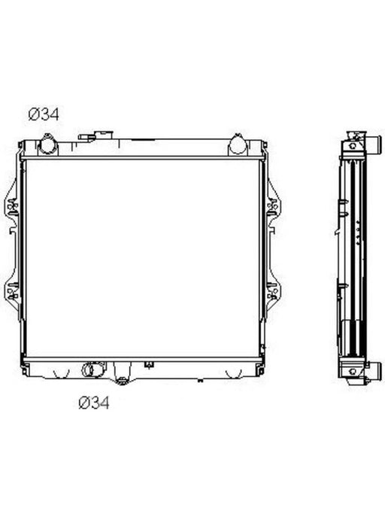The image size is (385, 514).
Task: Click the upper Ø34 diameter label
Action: tap(44, 114)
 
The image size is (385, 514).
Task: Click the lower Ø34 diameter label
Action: tap(94, 403)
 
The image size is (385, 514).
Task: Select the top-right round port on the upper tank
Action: tap(237, 144)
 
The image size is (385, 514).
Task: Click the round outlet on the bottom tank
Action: tap(89, 370)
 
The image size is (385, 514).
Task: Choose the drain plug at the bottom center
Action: tap(123, 381)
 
